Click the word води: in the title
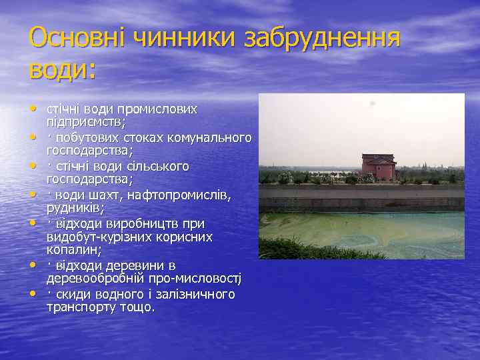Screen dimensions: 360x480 click(63, 69)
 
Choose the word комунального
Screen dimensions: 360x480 click(212, 137)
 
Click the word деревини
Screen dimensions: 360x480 click(134, 265)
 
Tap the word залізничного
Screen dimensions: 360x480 click(195, 294)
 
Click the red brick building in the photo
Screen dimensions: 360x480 click(378, 166)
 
